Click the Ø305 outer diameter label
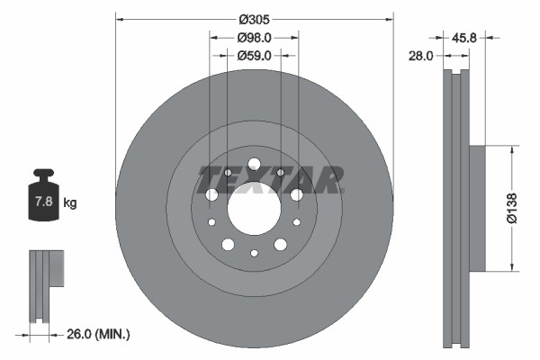[255, 17]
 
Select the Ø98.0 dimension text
[254, 38]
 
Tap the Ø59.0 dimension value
[254, 55]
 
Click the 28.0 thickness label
[421, 55]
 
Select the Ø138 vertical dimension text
[511, 207]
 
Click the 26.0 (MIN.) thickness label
[96, 335]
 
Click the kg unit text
[70, 203]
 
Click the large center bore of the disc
[254, 212]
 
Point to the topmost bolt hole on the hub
[254, 164]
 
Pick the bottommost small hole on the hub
[254, 255]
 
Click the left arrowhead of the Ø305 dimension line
[120, 17]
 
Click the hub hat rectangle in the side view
[476, 207]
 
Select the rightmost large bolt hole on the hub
[296, 194]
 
